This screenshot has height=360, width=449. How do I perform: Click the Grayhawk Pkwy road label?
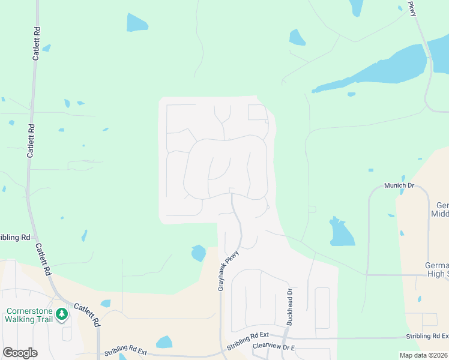(x=229, y=271)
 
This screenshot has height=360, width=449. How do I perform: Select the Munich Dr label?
(x=399, y=186)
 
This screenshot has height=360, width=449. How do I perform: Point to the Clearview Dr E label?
(x=275, y=346)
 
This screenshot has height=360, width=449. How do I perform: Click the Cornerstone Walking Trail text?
(x=29, y=315)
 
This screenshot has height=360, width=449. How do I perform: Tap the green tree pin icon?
(x=61, y=314)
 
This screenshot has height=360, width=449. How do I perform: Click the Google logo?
(x=20, y=353)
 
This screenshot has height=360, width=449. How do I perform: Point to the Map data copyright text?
(x=424, y=355)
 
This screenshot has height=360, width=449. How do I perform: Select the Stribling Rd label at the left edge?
(x=15, y=238)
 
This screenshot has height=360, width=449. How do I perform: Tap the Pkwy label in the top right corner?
(x=412, y=8)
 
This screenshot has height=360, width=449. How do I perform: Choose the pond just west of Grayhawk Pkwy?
(x=198, y=253)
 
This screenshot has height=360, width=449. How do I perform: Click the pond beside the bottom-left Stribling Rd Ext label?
(x=164, y=343)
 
